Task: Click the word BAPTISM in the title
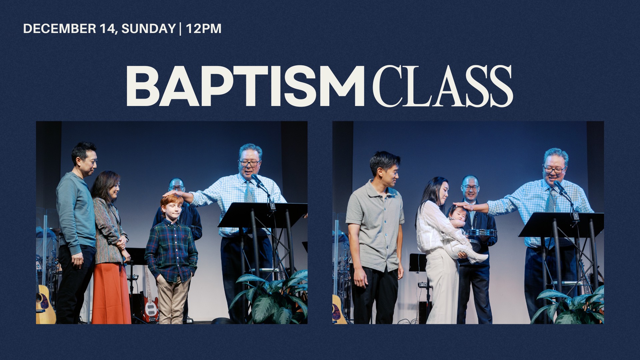(x=245, y=86)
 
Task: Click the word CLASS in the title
(x=442, y=86)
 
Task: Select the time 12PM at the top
(x=204, y=29)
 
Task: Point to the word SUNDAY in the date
(x=149, y=29)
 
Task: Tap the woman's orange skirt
(x=111, y=293)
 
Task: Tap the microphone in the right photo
(x=560, y=187)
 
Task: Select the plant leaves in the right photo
(x=568, y=305)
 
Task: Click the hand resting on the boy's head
(x=173, y=194)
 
